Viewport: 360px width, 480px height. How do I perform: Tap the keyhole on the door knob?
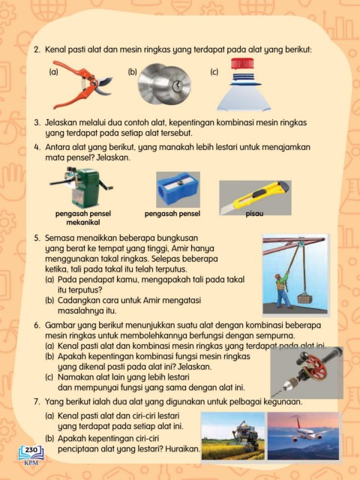coord(177,85)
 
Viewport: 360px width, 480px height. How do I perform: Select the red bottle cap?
coord(242,63)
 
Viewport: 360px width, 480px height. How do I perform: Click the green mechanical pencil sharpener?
coord(82,187)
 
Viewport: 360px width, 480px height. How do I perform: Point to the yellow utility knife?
coord(255,197)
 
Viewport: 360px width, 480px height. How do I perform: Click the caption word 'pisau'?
coord(254,214)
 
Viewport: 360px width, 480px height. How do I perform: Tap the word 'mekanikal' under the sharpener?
coord(83,222)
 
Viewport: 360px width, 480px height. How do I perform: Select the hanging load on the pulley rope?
coord(304,298)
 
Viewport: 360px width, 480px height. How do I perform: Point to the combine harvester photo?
coord(233,436)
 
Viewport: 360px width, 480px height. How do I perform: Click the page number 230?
coord(31,450)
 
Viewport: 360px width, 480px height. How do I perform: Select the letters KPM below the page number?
coord(31,462)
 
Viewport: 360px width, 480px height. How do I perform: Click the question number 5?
coord(37,238)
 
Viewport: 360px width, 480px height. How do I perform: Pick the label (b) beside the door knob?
coord(132,72)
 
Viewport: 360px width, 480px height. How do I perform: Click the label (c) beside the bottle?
coord(214,72)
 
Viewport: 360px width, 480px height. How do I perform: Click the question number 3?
coord(37,123)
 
